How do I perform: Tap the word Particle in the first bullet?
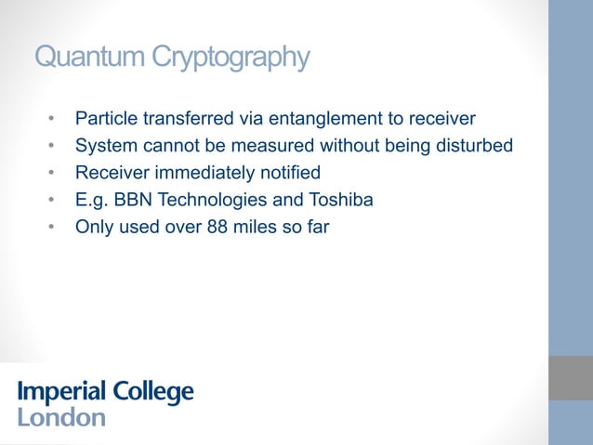click(105, 119)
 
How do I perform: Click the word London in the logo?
click(61, 417)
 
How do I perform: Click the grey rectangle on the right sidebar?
click(570, 378)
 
